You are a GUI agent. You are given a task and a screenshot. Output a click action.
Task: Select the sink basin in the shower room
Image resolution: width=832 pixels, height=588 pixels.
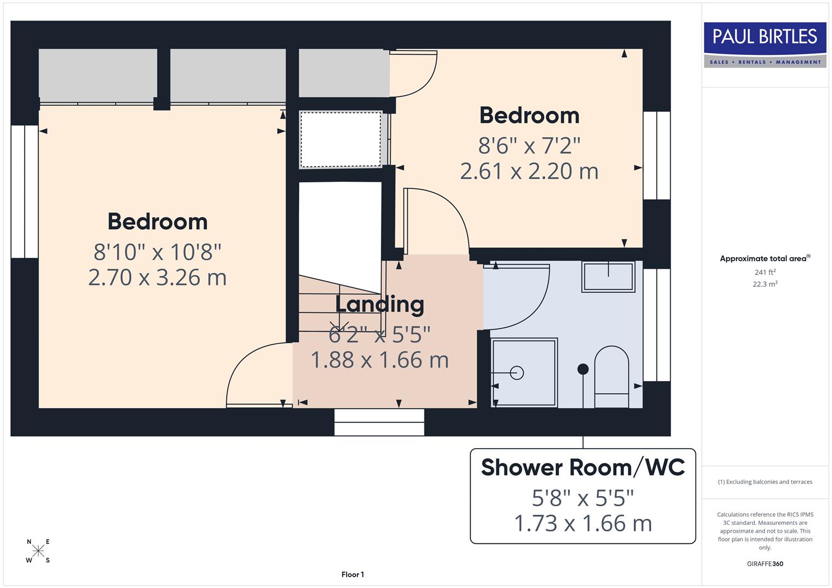608,277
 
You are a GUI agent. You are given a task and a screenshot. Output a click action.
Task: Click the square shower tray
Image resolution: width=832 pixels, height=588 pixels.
524,372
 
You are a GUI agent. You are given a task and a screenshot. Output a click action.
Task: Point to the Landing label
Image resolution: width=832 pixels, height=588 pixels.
379,304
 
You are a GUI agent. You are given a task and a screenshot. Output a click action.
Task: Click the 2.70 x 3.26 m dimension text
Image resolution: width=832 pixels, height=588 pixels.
157,278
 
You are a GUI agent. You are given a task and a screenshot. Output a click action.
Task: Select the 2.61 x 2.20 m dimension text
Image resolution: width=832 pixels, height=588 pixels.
529,171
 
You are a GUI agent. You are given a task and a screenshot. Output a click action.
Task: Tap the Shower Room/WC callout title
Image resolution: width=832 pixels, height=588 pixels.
582,468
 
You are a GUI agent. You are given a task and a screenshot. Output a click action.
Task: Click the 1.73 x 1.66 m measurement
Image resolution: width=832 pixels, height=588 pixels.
582,524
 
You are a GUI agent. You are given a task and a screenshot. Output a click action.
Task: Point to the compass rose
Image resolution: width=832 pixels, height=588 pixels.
38,551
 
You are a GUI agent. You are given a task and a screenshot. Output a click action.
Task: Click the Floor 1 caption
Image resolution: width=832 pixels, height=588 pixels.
353,574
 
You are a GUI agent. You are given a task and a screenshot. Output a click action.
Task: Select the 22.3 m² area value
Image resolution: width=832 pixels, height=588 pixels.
765,284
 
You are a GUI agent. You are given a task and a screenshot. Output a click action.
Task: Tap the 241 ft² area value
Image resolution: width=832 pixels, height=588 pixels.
765,272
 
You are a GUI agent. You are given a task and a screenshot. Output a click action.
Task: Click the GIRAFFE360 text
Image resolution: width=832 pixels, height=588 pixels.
765,563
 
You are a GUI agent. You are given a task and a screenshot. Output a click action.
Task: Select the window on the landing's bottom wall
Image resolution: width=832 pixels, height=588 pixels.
379,422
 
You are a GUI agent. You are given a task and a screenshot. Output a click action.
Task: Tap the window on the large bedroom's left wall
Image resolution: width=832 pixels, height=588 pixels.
25,192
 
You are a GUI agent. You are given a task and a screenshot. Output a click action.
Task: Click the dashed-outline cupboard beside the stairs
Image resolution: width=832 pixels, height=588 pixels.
341,139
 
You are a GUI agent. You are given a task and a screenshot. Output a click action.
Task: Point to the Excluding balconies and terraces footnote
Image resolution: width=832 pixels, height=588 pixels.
765,482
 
